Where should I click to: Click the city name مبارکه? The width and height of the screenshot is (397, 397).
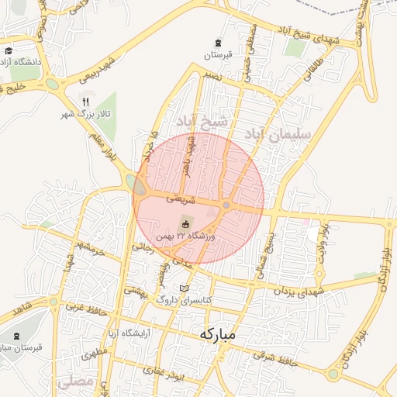coord(216,335)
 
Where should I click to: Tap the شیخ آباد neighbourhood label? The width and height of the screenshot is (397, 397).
coord(204,122)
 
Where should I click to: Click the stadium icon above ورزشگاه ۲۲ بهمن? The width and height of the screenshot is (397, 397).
coord(184,222)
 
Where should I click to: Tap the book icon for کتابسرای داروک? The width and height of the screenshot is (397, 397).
coord(184,288)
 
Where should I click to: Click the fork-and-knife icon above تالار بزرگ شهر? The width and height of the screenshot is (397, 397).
coord(86,102)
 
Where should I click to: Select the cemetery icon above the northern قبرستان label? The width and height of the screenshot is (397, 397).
coord(218,42)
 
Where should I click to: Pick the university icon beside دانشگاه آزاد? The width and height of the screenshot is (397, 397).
coord(9,51)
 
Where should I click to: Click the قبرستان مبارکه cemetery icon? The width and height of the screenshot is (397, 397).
coord(17,336)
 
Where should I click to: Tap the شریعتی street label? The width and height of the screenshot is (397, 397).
coord(179,199)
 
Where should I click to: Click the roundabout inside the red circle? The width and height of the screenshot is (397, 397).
coord(226,205)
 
